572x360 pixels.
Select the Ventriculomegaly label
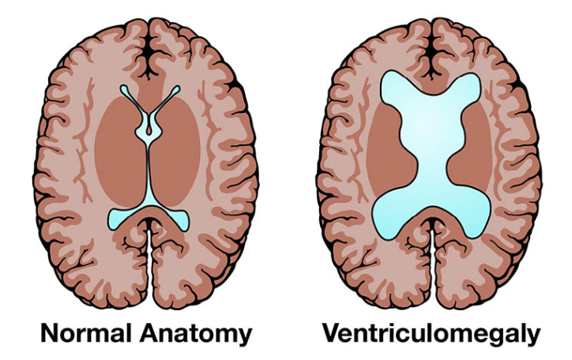point(431,333)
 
